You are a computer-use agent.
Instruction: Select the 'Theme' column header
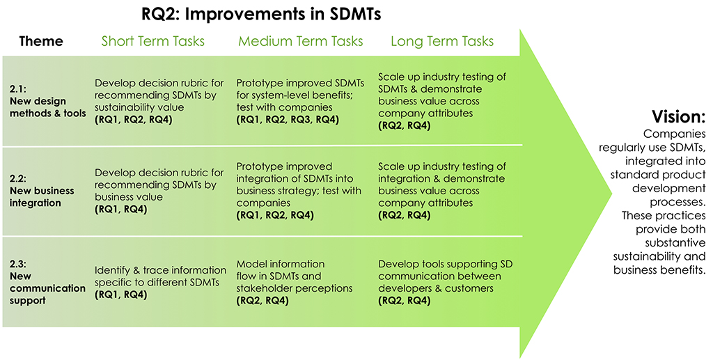click(41, 41)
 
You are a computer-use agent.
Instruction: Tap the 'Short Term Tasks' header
click(152, 41)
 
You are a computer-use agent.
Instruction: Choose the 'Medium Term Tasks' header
click(301, 41)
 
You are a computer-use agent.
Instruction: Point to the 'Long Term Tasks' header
click(442, 41)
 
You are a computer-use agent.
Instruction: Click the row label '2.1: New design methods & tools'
click(48, 101)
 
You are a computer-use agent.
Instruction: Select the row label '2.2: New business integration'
click(42, 191)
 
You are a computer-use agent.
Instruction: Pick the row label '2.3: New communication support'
click(47, 282)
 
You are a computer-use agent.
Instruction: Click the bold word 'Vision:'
click(678, 117)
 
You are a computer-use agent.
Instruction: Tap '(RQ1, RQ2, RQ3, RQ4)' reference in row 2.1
click(288, 120)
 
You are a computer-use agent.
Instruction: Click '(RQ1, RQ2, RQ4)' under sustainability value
click(133, 120)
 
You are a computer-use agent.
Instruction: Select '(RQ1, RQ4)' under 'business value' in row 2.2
click(120, 210)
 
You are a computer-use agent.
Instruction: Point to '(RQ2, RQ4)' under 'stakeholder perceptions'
click(263, 300)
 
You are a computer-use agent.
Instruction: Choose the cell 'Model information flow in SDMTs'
click(295, 276)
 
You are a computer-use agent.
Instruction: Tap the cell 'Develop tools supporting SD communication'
click(445, 276)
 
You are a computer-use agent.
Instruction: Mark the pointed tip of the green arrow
click(611, 193)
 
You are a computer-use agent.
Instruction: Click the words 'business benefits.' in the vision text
click(659, 269)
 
